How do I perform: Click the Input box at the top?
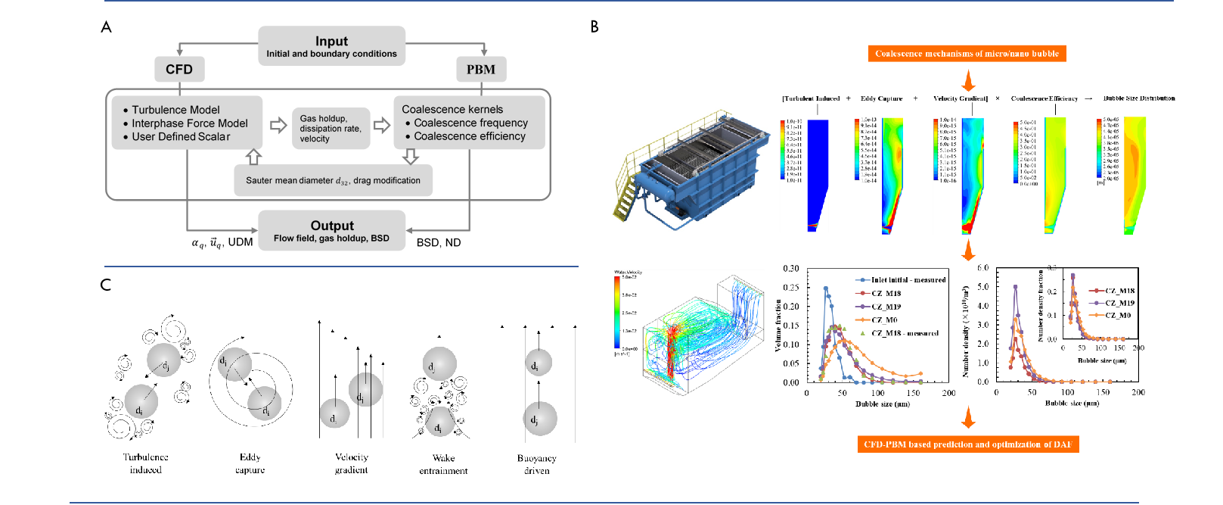(x=331, y=45)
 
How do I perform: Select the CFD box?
(x=179, y=70)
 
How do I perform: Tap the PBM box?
(x=481, y=70)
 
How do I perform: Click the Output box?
(x=331, y=230)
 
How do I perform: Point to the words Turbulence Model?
(x=175, y=110)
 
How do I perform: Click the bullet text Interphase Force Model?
(x=189, y=123)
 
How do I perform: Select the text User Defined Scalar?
(x=181, y=137)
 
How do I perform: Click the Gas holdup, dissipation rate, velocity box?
(x=331, y=129)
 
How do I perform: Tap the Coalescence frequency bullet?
(x=470, y=123)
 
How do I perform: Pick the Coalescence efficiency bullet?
(x=469, y=136)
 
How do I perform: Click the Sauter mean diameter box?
(x=333, y=181)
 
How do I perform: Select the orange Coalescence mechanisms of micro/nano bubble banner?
(x=967, y=54)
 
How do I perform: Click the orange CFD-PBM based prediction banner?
(x=967, y=444)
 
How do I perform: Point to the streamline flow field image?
(x=689, y=333)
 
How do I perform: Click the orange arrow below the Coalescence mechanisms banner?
(x=968, y=80)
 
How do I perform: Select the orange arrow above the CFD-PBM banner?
(x=968, y=418)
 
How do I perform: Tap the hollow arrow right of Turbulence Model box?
(x=278, y=125)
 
